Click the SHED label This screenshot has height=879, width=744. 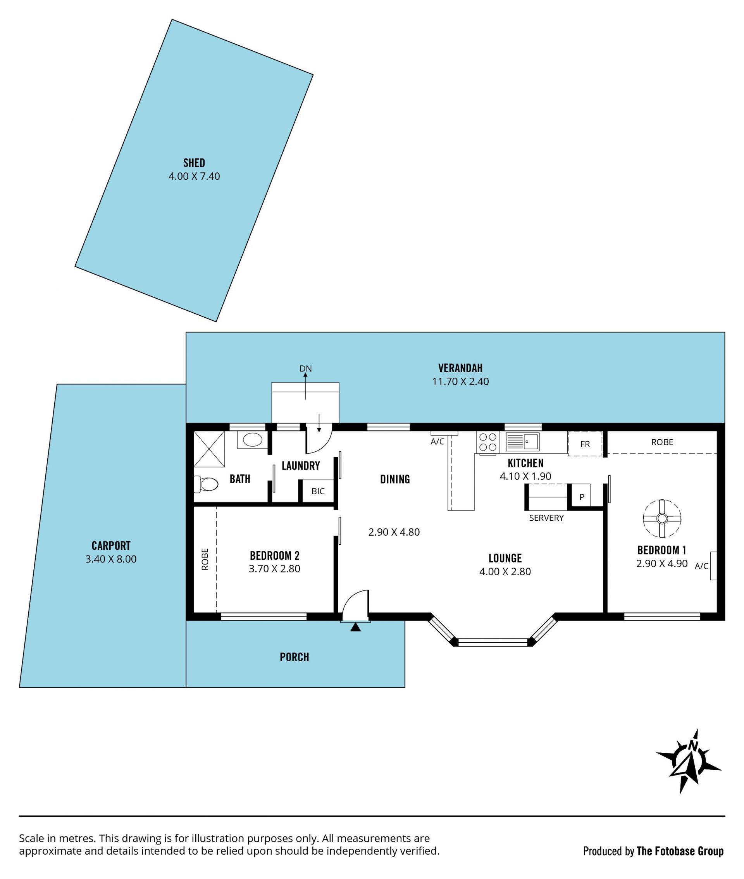pyautogui.click(x=194, y=163)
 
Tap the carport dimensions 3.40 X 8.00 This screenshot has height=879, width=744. pyautogui.click(x=111, y=559)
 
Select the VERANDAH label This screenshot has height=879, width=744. pyautogui.click(x=460, y=368)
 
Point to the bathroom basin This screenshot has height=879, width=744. pyautogui.click(x=252, y=440)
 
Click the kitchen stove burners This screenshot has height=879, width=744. pyautogui.click(x=487, y=443)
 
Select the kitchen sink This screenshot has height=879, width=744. pyautogui.click(x=522, y=442)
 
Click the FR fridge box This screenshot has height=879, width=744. pyautogui.click(x=585, y=444)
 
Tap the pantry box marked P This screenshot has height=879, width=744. pyautogui.click(x=581, y=496)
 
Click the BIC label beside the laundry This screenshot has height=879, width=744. pyautogui.click(x=318, y=491)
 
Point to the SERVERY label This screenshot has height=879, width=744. pyautogui.click(x=546, y=518)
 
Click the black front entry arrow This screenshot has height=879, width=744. pyautogui.click(x=356, y=627)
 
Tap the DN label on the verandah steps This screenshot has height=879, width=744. pyautogui.click(x=305, y=368)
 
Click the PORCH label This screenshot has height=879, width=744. pyautogui.click(x=294, y=657)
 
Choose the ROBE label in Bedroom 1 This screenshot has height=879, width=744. pyautogui.click(x=662, y=442)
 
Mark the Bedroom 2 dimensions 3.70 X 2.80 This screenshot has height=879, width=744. pyautogui.click(x=275, y=569)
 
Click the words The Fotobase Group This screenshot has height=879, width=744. pyautogui.click(x=680, y=851)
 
